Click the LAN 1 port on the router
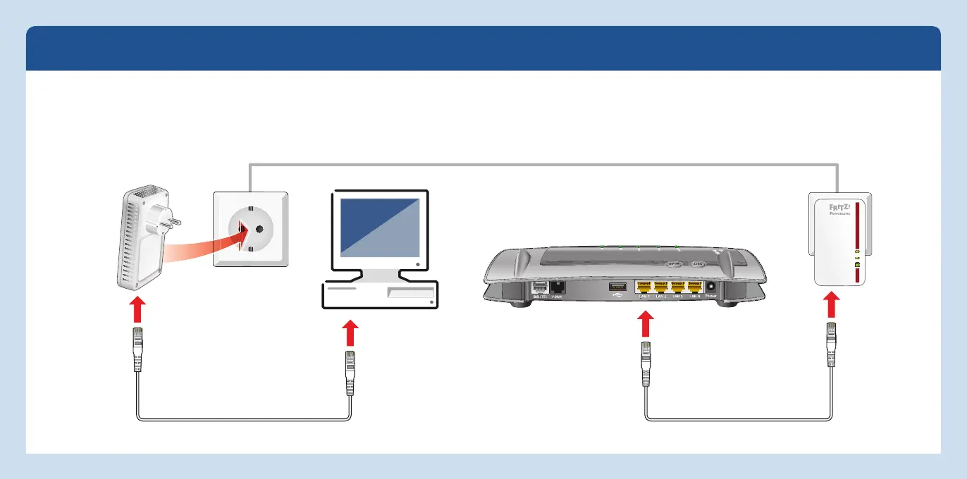[x=643, y=287]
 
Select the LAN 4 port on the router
[x=695, y=287]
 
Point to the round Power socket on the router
[x=710, y=287]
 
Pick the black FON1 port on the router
[x=556, y=287]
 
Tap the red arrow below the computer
[x=350, y=334]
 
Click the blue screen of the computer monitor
[x=381, y=227]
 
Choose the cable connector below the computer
[x=350, y=374]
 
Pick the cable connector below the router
[x=645, y=363]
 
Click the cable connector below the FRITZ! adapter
[x=832, y=345]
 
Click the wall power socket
[x=250, y=229]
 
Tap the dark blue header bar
[x=483, y=49]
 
